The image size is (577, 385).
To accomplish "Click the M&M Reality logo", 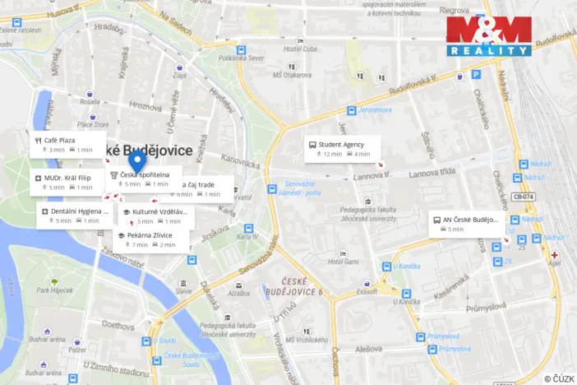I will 488,36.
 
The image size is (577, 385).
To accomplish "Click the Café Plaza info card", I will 68,145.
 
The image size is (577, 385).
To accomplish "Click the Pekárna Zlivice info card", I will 151,239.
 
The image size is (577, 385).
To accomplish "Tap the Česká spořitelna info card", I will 145,179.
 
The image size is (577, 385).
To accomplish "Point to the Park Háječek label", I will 55,290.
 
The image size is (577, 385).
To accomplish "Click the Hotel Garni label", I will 344,261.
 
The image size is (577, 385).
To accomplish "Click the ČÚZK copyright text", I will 559,378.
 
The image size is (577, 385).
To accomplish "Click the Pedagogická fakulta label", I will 374,211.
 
